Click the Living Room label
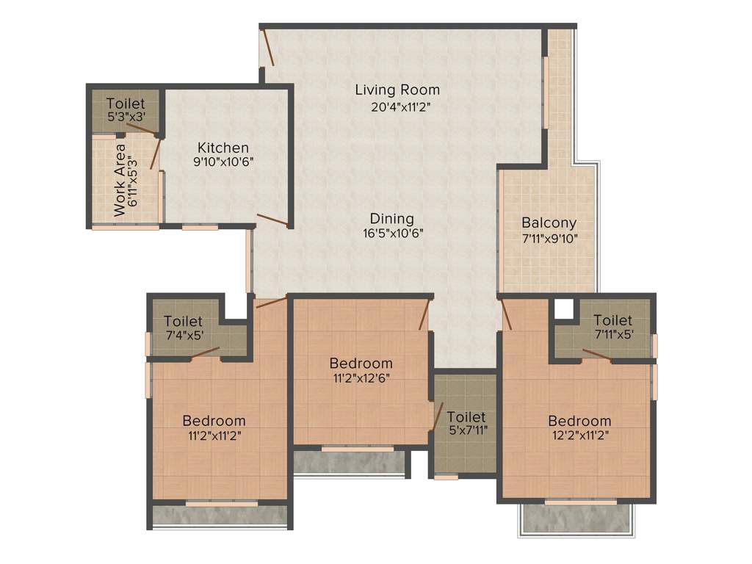tap(397, 90)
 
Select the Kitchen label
tap(223, 148)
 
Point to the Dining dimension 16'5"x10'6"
tap(391, 234)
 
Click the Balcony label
tap(549, 223)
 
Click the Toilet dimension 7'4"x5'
tap(184, 336)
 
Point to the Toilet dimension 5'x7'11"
tap(466, 430)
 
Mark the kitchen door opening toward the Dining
tap(272, 219)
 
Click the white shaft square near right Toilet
tap(563, 309)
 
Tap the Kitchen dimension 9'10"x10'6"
tap(223, 163)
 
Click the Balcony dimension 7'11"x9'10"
tap(549, 238)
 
